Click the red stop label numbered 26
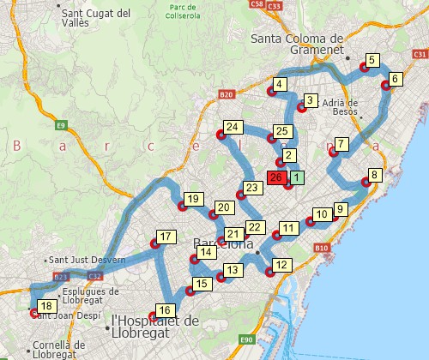[x=276, y=177]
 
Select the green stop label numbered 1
[x=296, y=177]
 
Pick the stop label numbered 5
[x=372, y=60]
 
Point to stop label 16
[x=166, y=309]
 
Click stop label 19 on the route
[x=194, y=200]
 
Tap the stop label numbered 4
[x=279, y=84]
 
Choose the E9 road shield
[x=61, y=126]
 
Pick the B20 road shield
[x=227, y=94]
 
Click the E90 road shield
[x=248, y=339]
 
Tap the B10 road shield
[x=321, y=248]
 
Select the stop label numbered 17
[x=166, y=237]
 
